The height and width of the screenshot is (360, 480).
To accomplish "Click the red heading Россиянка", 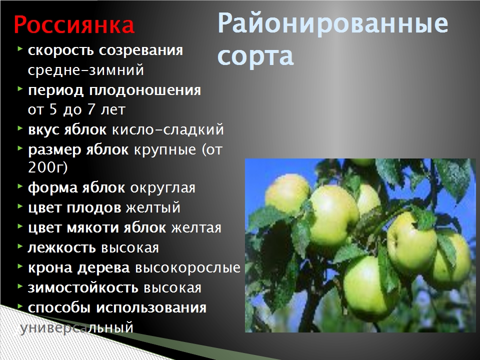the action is click(x=74, y=25).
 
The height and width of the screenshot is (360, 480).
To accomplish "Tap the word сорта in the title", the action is click(x=255, y=56).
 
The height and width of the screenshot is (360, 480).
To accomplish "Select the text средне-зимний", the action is click(x=85, y=70).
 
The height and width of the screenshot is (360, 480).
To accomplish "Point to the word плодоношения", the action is click(x=145, y=91).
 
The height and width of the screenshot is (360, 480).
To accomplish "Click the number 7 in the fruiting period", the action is click(x=90, y=109).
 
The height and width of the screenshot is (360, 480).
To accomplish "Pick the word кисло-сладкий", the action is click(x=168, y=129).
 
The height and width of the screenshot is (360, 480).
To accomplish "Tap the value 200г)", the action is click(x=47, y=167).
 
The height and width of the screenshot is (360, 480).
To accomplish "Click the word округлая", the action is click(x=162, y=188).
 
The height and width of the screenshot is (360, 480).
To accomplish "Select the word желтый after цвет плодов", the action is click(x=153, y=207).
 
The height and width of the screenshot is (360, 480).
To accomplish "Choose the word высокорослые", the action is click(x=187, y=268).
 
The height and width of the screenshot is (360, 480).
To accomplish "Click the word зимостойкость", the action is click(x=82, y=288).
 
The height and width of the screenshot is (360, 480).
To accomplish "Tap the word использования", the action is click(x=151, y=308).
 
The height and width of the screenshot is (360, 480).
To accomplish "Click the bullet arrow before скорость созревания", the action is click(x=20, y=48).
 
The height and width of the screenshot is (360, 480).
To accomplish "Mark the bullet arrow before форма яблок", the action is click(x=20, y=185).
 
